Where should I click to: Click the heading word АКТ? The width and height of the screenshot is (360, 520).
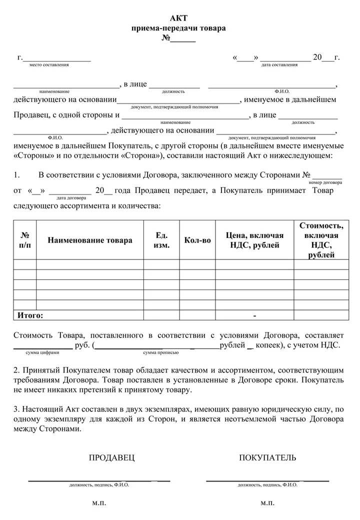coord(178,18)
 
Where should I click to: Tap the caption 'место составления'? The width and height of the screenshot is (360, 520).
coord(49,65)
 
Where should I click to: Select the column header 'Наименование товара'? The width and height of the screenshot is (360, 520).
coord(90,240)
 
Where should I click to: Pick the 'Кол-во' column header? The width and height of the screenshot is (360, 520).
coord(197,240)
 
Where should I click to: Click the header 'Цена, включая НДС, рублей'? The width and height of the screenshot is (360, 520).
coord(254,240)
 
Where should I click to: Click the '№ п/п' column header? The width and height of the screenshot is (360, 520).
coord(24,240)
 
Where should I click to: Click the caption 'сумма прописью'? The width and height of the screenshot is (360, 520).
coord(160,352)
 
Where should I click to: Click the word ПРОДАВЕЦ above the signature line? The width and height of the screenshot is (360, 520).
coord(111,458)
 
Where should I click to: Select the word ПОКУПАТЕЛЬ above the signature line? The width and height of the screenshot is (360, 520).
coord(267,458)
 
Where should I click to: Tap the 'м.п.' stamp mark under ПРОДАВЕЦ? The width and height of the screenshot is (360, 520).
coord(99,502)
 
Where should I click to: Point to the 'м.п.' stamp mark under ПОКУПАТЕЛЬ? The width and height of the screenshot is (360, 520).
coord(267,502)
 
